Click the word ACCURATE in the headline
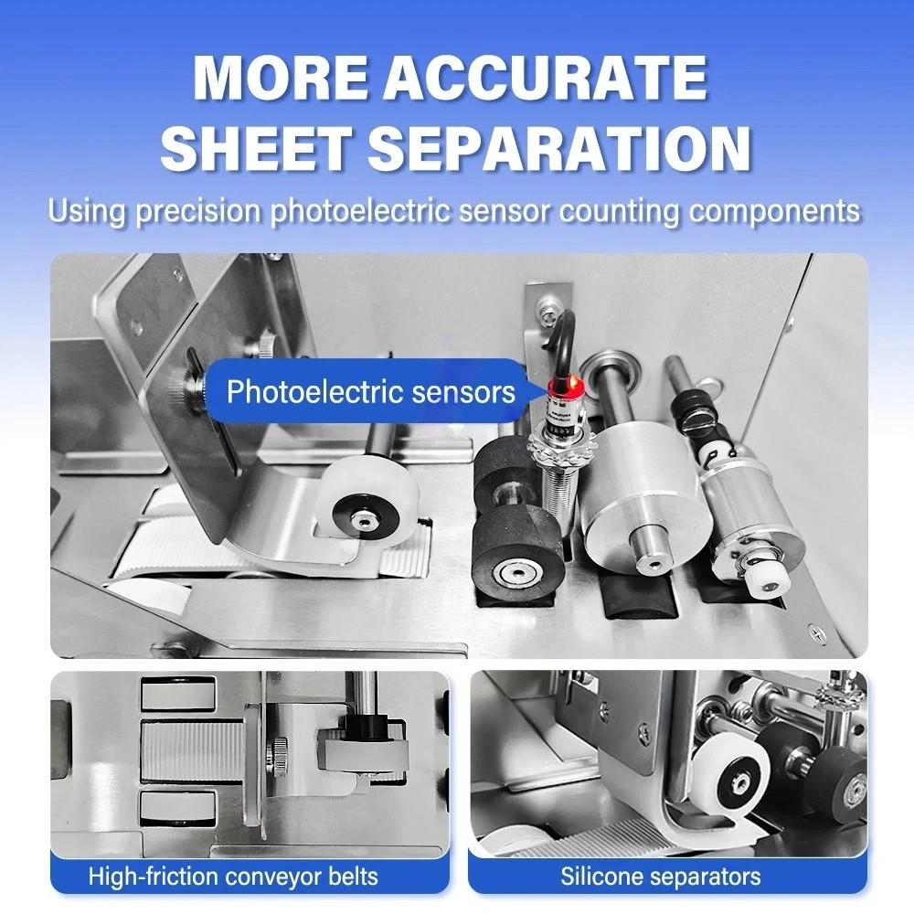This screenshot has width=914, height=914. pyautogui.click(x=545, y=79)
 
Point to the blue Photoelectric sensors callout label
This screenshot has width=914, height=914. pyautogui.click(x=370, y=393)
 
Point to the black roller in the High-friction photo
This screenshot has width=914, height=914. pyautogui.click(x=366, y=728)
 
